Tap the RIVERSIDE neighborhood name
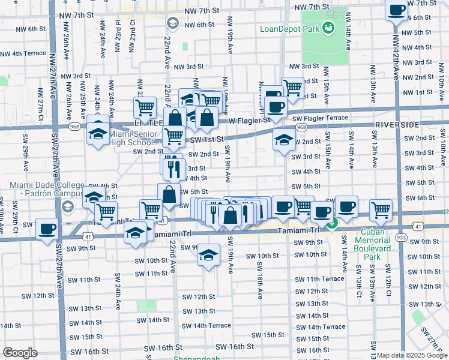[397, 124]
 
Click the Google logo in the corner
[20, 352]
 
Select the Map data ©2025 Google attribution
[412, 355]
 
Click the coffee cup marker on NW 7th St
[397, 10]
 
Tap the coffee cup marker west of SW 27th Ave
[47, 229]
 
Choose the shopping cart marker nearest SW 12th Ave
[381, 209]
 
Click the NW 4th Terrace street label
[23, 53]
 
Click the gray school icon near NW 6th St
[172, 23]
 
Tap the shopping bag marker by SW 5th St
[169, 194]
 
